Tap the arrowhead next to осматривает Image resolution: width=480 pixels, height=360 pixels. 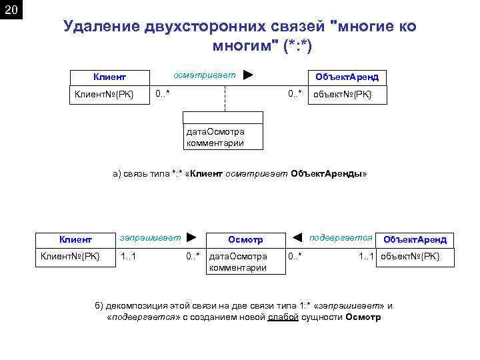click(x=248, y=75)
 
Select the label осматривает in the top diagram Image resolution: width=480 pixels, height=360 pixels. click(x=204, y=75)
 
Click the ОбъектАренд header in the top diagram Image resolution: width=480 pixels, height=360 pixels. click(x=347, y=77)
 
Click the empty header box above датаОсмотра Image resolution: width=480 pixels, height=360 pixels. click(x=223, y=118)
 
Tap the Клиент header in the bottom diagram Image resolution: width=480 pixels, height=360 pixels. click(x=75, y=239)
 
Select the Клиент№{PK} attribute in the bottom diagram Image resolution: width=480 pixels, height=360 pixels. click(x=70, y=256)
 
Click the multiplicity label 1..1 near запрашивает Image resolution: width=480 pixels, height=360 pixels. click(x=128, y=256)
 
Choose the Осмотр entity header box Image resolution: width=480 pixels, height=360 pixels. click(x=245, y=240)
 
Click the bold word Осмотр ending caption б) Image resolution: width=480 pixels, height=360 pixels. click(x=363, y=317)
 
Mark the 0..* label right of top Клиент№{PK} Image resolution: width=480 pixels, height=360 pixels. click(x=162, y=93)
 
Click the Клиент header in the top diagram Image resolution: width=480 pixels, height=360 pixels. click(x=109, y=77)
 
